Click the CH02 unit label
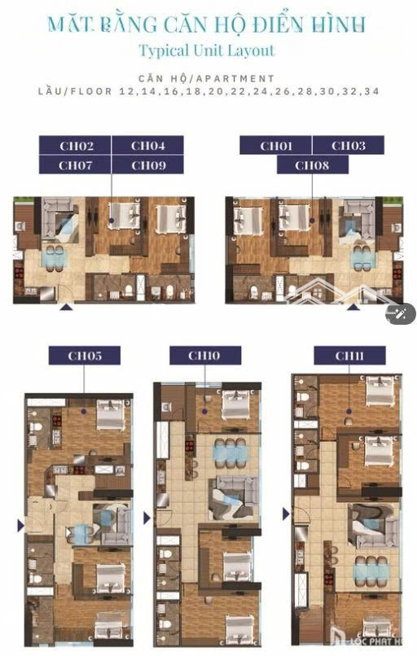click(x=75, y=146)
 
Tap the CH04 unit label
click(x=147, y=146)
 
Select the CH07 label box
click(x=75, y=165)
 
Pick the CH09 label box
click(x=147, y=165)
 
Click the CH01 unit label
click(x=275, y=146)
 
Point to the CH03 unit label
click(x=349, y=146)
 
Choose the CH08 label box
click(x=312, y=165)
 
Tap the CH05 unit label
click(x=85, y=356)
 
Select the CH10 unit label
click(x=204, y=356)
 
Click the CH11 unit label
click(x=349, y=356)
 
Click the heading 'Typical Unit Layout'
click(x=207, y=50)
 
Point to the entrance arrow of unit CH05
click(x=20, y=526)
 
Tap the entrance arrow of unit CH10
click(x=147, y=518)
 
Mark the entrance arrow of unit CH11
click(x=286, y=514)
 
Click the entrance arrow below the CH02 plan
click(x=66, y=308)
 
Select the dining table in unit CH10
click(x=229, y=453)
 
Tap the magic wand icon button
click(x=401, y=313)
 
